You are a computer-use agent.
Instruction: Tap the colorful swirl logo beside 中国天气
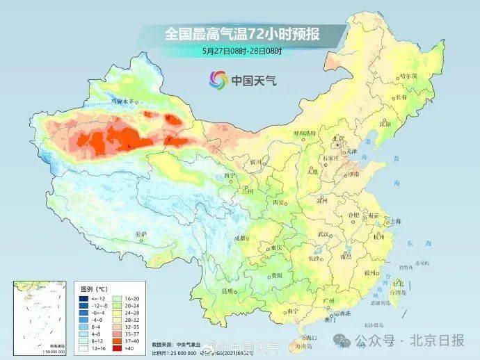[218, 80]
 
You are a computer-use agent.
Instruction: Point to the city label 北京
[339, 139]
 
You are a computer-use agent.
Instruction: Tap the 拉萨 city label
[141, 234]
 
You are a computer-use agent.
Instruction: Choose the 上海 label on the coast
[396, 221]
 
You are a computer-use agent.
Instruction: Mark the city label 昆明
[228, 291]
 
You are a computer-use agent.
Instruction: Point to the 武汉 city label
[322, 234]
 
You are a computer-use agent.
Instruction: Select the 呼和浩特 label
[304, 132]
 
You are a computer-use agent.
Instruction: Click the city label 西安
[279, 202]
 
